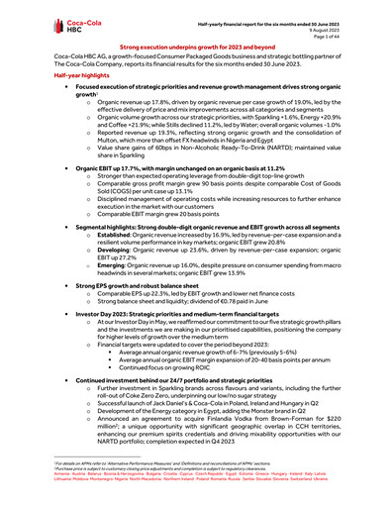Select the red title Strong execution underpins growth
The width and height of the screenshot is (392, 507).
pyautogui.click(x=196, y=47)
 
